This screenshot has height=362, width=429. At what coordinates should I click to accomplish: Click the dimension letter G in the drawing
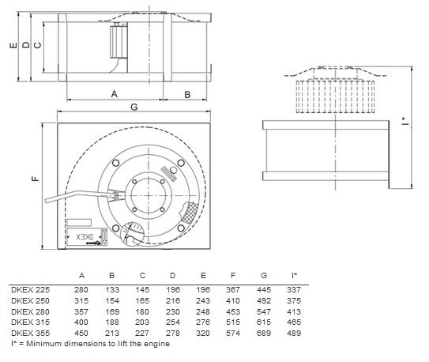[134, 106]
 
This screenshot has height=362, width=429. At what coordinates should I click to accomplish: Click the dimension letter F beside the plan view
[35, 179]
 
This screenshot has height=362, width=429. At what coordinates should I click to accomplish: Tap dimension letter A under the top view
[114, 94]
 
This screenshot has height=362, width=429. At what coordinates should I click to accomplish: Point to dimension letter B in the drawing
[187, 94]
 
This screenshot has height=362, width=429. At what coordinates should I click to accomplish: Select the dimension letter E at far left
[12, 46]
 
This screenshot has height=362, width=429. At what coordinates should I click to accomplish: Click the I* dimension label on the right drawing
[405, 123]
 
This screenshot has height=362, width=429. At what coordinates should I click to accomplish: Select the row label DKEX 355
[30, 333]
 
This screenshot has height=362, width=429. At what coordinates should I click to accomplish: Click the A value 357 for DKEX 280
[81, 311]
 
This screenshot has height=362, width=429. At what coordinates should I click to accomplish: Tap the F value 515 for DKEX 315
[233, 322]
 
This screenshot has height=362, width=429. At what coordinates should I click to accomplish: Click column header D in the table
[172, 275]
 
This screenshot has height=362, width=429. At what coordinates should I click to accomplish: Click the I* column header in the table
[294, 275]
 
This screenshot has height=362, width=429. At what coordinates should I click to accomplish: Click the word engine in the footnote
[157, 344]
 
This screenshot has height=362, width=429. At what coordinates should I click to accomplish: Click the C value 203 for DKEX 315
[142, 322]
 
